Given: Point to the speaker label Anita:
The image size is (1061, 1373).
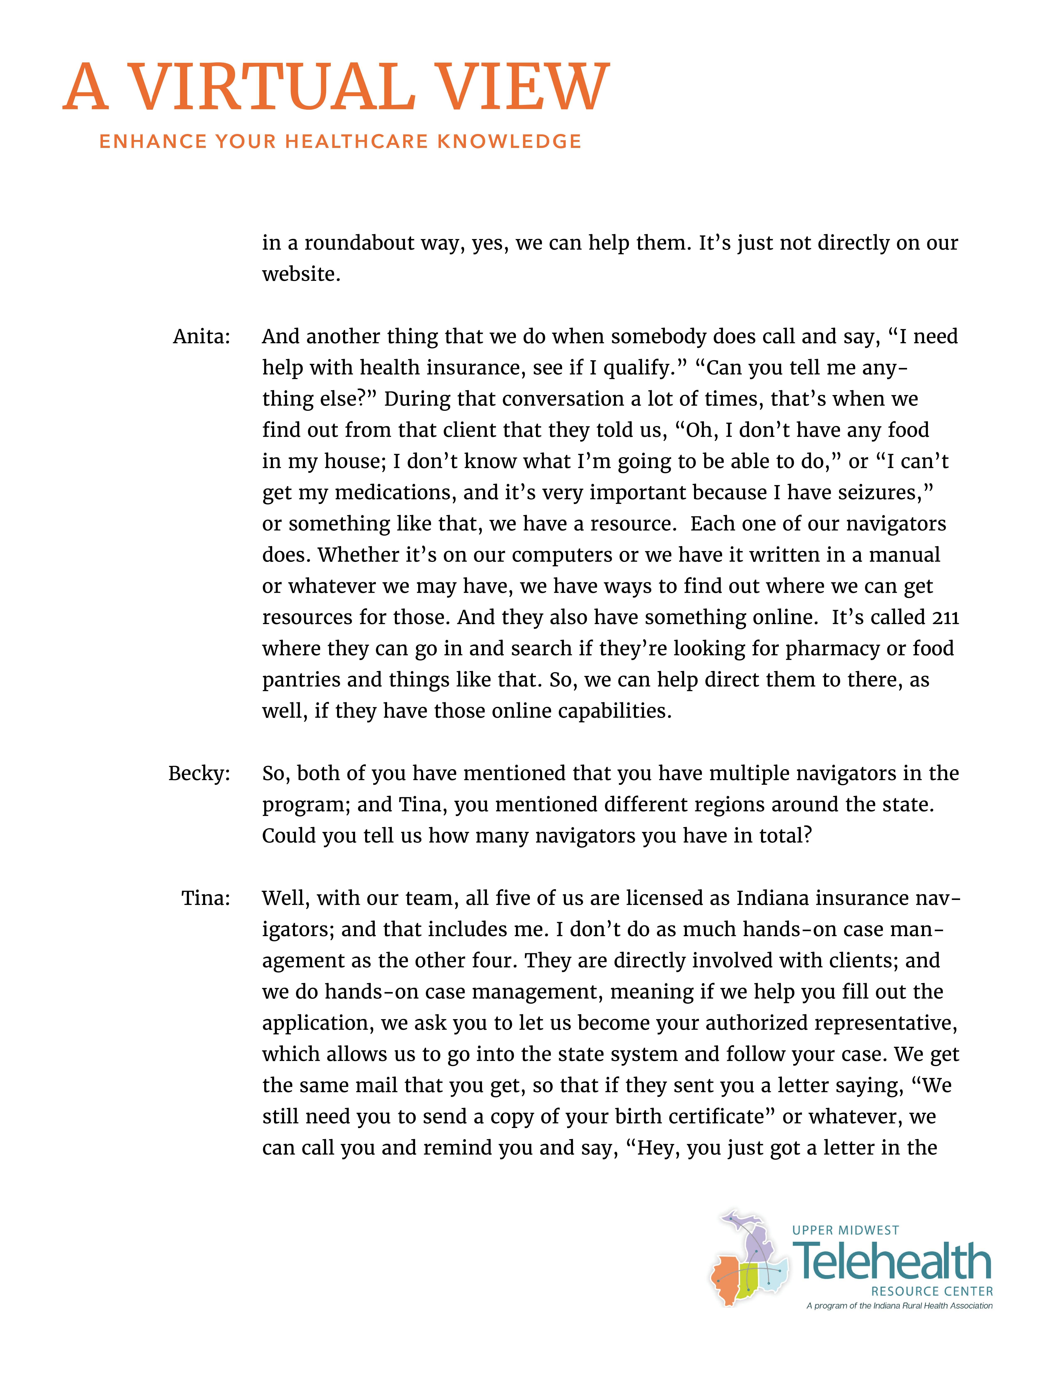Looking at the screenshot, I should point(202,337).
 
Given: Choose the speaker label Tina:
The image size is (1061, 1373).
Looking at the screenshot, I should point(206,898).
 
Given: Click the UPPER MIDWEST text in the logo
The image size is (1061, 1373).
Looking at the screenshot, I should point(845,1230).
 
